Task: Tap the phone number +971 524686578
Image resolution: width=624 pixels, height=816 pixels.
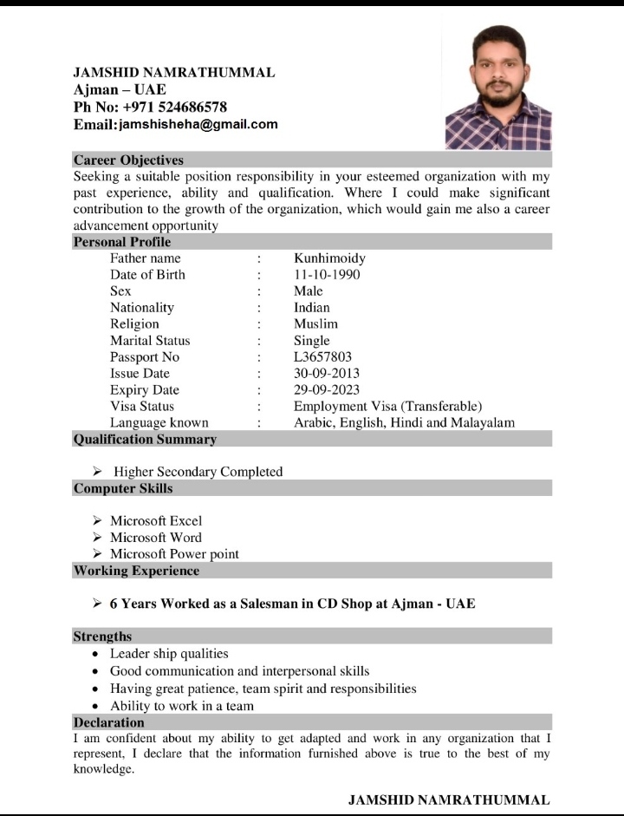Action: tap(174, 107)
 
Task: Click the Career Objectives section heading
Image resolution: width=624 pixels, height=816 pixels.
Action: tap(128, 160)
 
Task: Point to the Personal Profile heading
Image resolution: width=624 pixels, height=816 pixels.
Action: tap(122, 242)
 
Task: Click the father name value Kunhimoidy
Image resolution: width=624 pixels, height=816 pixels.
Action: tap(329, 258)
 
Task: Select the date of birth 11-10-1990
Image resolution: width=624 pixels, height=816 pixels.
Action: tap(327, 275)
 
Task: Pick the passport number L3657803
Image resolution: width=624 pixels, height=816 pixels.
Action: tap(322, 357)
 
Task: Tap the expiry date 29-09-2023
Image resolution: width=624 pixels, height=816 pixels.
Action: tap(327, 390)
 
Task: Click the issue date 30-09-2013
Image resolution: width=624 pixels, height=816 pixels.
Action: tap(327, 374)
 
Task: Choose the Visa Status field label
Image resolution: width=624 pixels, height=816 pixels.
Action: tap(142, 407)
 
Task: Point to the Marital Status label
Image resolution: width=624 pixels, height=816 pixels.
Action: tap(150, 341)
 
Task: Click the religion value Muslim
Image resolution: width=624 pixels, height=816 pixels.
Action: tap(315, 324)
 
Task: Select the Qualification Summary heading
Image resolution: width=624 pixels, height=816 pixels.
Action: tap(145, 440)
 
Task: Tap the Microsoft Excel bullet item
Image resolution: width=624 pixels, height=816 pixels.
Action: tap(156, 521)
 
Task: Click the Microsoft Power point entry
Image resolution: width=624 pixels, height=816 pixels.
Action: tap(174, 554)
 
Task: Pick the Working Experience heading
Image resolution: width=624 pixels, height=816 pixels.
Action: tap(136, 571)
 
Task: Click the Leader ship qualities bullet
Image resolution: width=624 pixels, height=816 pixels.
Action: tap(169, 654)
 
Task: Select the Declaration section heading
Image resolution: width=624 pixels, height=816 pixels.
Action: tap(108, 722)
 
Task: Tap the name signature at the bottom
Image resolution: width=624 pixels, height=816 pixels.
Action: tap(449, 800)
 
